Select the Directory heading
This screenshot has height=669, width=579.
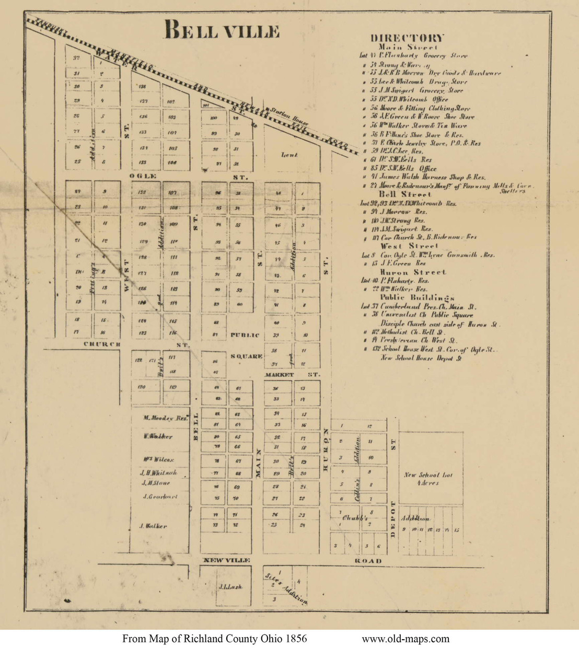click(x=408, y=38)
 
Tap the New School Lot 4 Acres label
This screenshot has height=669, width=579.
click(x=428, y=479)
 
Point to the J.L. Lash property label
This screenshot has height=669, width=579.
click(x=230, y=587)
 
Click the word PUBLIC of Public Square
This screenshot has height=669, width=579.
click(x=245, y=335)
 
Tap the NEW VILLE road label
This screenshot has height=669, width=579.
click(x=226, y=560)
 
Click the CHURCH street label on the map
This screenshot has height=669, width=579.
click(x=102, y=344)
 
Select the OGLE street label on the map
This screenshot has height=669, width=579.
click(x=143, y=177)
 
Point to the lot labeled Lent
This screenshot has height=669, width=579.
click(x=289, y=155)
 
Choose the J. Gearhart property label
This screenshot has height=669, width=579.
click(x=159, y=497)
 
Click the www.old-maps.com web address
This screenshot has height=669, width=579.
click(x=405, y=639)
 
